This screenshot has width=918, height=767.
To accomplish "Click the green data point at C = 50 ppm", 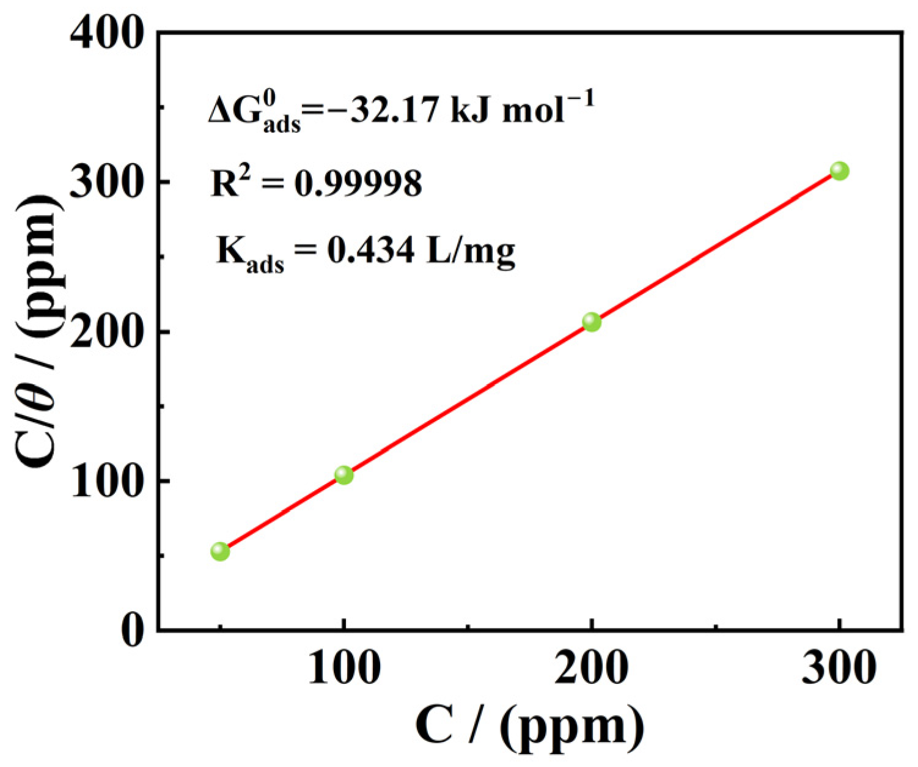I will tap(220, 552).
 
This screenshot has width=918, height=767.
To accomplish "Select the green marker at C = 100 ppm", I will tap(344, 475).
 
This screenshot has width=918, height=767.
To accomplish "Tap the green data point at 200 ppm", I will tap(592, 322).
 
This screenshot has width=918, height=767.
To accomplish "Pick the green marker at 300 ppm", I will tap(839, 171).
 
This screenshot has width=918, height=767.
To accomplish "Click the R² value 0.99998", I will tap(358, 183).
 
